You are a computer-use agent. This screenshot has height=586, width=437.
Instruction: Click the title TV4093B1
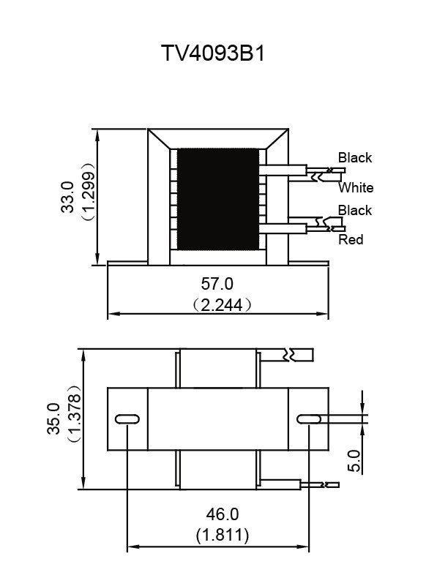[x=213, y=53]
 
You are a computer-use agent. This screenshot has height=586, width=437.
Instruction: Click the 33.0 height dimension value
[x=67, y=197]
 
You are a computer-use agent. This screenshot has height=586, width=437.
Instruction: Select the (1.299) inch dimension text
[x=89, y=192]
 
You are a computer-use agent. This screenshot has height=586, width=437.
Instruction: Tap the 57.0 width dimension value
[x=217, y=284]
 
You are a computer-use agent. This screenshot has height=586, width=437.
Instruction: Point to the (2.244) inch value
[x=223, y=305]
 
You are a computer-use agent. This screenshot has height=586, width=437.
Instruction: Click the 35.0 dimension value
[x=53, y=418]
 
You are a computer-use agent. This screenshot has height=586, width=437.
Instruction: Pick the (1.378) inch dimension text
[x=74, y=413]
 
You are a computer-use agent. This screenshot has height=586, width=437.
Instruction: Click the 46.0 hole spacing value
[x=222, y=514]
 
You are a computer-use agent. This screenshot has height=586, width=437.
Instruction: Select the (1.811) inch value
[x=222, y=536]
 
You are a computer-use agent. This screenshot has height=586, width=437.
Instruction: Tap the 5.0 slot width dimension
[x=354, y=460]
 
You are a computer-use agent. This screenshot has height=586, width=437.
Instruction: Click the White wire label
[x=356, y=187]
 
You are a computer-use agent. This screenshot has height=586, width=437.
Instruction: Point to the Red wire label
[x=351, y=239]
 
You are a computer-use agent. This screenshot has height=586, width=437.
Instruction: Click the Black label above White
[x=355, y=157]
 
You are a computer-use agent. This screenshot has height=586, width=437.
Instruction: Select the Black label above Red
[x=355, y=210]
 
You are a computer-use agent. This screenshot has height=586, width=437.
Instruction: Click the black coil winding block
[x=217, y=199]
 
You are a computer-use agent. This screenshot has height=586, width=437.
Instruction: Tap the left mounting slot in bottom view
[x=127, y=419]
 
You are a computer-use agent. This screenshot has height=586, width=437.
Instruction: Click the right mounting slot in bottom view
[x=309, y=419]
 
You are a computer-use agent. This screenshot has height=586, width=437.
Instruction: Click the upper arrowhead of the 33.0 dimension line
[x=97, y=135]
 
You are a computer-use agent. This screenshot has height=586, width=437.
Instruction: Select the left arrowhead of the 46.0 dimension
[x=133, y=546]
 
